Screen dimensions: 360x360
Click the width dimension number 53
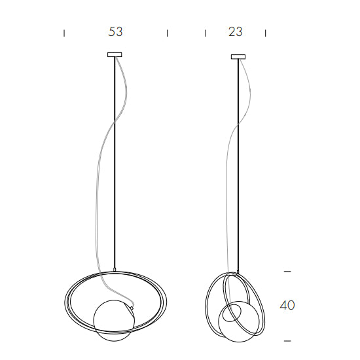(115, 31)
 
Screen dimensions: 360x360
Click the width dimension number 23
(236, 31)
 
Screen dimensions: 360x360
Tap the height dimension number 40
(287, 305)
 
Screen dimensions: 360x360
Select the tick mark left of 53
(64, 32)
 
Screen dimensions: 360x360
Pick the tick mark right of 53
(168, 32)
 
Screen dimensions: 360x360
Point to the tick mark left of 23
(206, 32)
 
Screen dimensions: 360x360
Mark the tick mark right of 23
(265, 32)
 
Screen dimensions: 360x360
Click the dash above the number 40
(287, 270)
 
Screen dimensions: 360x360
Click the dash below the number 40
(287, 340)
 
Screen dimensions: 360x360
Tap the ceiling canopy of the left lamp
(115, 54)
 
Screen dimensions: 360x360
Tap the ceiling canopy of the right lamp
(237, 57)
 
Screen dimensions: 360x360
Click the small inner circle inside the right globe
(230, 314)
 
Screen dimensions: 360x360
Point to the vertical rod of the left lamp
(115, 164)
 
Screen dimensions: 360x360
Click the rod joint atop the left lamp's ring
(115, 270)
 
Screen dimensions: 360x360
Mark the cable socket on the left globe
(134, 305)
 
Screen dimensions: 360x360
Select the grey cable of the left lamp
(98, 196)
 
